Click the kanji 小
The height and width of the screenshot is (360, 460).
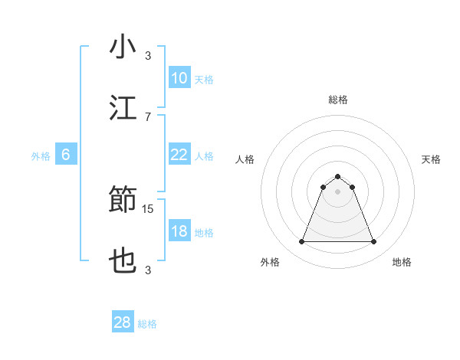[x=123, y=47]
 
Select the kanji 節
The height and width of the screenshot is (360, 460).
[x=123, y=201]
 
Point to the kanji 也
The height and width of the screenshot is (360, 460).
[x=123, y=261]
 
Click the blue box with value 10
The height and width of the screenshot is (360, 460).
[x=179, y=78]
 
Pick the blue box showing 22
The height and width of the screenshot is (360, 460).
[x=179, y=155]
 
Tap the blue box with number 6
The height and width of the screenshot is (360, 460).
[x=66, y=155]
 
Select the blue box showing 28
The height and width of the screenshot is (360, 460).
[x=123, y=322]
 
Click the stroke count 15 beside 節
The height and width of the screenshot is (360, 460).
[x=148, y=208]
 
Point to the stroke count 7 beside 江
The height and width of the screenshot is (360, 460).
[x=148, y=116]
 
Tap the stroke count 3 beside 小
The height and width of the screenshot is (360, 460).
[x=148, y=56]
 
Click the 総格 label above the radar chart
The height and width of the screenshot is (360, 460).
[x=338, y=100]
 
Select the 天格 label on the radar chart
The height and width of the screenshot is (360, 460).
[x=431, y=159]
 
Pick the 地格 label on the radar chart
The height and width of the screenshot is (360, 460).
[x=402, y=262]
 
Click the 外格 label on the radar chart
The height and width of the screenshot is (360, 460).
[x=270, y=262]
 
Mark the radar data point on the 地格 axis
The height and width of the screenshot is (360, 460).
[x=374, y=242]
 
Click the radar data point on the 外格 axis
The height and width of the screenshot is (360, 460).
[x=301, y=242]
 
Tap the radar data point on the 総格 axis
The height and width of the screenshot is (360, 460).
[x=338, y=176]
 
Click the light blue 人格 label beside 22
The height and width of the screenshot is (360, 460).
[x=204, y=155]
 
